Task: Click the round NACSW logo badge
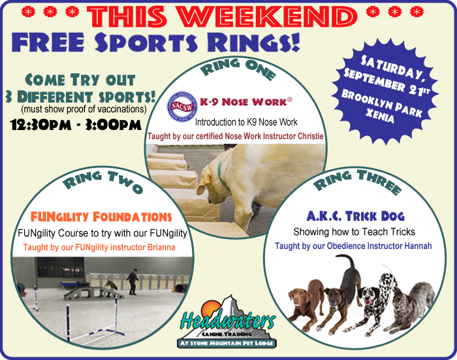coord(182,106)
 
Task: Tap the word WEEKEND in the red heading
coord(268,16)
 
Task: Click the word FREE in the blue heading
coord(48,42)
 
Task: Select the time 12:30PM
coord(40,125)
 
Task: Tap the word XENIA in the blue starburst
coord(379,116)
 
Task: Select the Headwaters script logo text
coord(227,320)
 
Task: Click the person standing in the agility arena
coord(133,281)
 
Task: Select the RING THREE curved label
coord(357,181)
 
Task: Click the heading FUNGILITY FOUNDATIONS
coord(101,217)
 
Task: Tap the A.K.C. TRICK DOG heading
coord(356,216)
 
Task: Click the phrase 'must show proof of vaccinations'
coord(84,109)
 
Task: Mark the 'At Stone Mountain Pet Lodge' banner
coord(227,343)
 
